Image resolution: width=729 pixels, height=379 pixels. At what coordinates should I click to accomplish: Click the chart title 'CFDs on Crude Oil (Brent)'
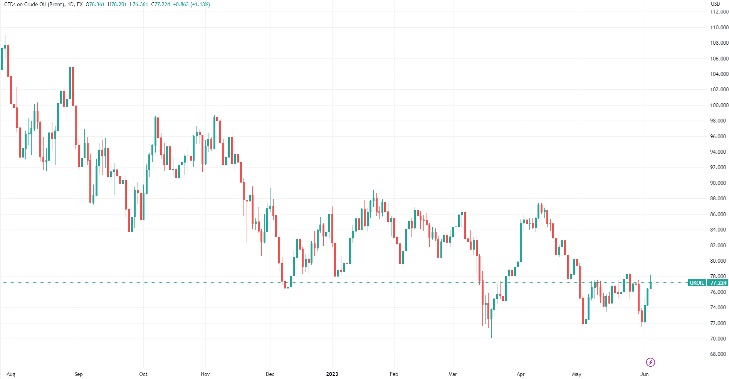[34, 4]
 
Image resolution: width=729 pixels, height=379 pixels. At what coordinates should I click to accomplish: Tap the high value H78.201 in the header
[117, 4]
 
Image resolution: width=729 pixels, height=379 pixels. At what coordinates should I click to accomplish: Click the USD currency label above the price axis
[715, 4]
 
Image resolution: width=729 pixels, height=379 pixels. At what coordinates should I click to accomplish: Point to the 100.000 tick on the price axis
[719, 105]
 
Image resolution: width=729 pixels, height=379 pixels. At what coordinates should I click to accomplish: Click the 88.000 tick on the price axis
[719, 198]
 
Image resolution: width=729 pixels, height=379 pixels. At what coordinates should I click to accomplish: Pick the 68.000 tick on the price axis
[719, 354]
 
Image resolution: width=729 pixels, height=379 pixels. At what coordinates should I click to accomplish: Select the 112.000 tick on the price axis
[719, 12]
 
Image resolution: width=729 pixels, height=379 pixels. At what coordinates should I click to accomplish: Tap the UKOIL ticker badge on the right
[697, 283]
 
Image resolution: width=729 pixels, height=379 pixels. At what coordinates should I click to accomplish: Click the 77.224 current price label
[718, 283]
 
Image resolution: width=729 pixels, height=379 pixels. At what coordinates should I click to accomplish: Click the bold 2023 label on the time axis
[332, 374]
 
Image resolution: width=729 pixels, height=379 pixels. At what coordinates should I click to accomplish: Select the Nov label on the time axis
[205, 374]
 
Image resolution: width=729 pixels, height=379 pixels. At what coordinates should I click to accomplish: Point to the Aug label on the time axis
[11, 374]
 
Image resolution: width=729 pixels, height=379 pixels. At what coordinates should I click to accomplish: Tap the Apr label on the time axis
[521, 374]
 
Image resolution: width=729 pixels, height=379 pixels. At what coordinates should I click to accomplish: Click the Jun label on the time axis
[644, 374]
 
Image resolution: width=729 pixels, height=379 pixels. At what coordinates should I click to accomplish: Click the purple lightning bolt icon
[650, 362]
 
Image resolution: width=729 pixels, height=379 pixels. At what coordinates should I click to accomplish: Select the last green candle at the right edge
[650, 285]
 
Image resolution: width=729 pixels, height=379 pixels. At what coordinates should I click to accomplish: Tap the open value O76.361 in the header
[95, 4]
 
